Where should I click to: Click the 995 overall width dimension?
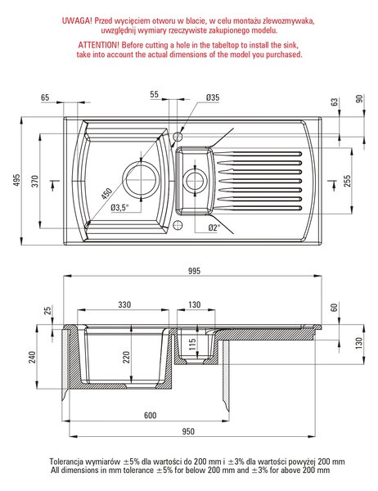pyautogui.click(x=194, y=271)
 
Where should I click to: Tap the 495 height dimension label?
pyautogui.click(x=16, y=180)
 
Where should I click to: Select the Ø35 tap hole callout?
pyautogui.click(x=213, y=97)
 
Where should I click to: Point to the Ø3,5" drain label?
pyautogui.click(x=120, y=207)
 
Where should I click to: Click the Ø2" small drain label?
pyautogui.click(x=214, y=227)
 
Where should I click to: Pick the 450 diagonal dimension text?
pyautogui.click(x=106, y=193)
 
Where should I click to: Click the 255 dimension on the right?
pyautogui.click(x=347, y=181)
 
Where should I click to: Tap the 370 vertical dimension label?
pyautogui.click(x=35, y=182)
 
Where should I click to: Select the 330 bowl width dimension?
pyautogui.click(x=124, y=304)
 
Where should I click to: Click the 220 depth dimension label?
pyautogui.click(x=126, y=358)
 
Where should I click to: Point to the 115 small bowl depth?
pyautogui.click(x=192, y=344)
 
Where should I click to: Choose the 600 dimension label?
pyautogui.click(x=150, y=415)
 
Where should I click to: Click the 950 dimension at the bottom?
pyautogui.click(x=188, y=431)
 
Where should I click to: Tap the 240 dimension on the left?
pyautogui.click(x=32, y=358)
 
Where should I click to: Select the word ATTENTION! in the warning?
pyautogui.click(x=99, y=45)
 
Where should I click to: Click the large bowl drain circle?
pyautogui.click(x=141, y=180)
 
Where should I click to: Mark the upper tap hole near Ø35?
pyautogui.click(x=178, y=137)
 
